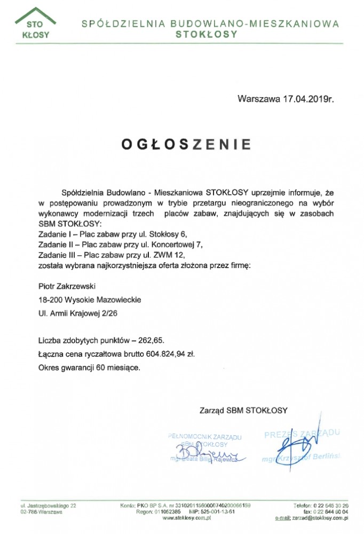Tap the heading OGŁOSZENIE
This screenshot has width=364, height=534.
[x=186, y=144]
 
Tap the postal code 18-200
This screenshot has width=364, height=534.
[x=50, y=301]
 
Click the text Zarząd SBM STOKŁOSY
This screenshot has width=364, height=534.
[x=243, y=411]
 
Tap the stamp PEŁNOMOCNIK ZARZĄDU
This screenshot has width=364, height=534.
[x=204, y=437]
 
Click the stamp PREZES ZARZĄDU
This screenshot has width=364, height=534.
[x=302, y=434]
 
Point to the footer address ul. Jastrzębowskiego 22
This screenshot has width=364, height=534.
[x=49, y=505]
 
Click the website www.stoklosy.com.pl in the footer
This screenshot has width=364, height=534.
[x=187, y=518]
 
